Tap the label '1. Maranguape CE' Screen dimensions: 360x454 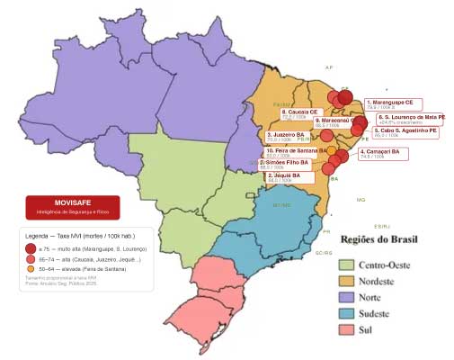tap(395, 105)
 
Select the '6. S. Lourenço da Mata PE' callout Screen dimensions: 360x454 tap(409, 119)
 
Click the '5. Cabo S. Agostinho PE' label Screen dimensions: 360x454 tap(405, 132)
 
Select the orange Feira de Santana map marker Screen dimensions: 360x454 tap(332, 149)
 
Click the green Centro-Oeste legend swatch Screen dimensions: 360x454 tap(346, 265)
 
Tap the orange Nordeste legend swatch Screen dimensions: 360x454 tap(346, 281)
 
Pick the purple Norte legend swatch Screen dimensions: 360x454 tap(346, 297)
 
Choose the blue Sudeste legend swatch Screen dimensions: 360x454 tap(346, 313)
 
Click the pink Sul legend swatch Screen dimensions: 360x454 tap(346, 329)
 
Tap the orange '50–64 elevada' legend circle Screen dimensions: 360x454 tap(31, 268)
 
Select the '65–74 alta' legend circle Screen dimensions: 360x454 tap(31, 258)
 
